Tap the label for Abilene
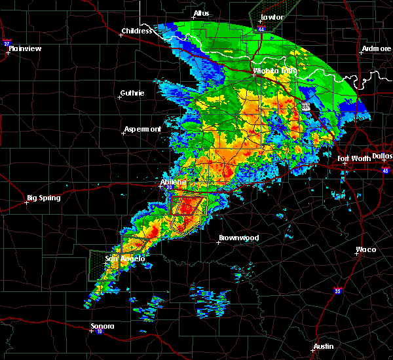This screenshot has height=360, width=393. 174,182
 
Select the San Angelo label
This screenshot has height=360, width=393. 124,259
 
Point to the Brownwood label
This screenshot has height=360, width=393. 238,238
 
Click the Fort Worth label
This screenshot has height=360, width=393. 353,158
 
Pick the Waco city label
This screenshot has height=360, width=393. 365,249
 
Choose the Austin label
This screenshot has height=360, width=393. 323,346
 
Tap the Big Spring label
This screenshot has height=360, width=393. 44,198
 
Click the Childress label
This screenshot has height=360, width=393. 137,31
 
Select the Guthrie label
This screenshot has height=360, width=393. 132,93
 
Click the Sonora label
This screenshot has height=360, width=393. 103,326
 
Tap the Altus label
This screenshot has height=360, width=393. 202,13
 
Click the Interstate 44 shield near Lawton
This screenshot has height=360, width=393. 262,29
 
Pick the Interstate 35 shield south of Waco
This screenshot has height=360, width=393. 337,290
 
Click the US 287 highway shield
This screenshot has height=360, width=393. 306,106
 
